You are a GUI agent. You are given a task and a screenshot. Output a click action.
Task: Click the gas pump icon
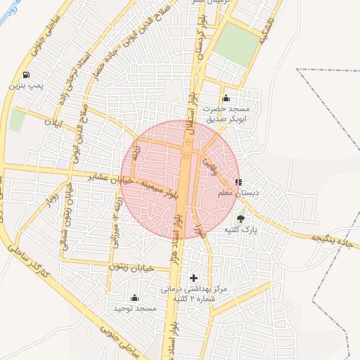26,75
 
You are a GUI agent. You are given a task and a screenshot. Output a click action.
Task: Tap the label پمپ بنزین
27,85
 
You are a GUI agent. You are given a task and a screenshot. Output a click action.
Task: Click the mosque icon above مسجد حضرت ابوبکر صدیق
226,98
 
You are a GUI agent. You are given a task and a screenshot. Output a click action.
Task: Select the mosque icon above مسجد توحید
134,297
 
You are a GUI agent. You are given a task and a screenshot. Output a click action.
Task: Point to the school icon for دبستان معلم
239,182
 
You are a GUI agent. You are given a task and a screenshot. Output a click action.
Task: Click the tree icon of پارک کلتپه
241,219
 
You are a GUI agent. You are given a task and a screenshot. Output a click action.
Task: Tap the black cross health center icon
194,278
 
